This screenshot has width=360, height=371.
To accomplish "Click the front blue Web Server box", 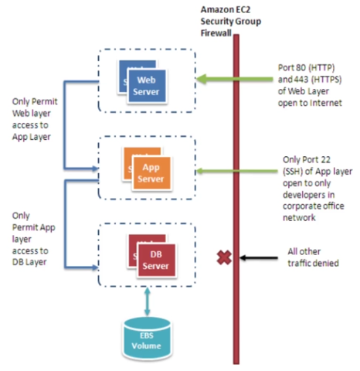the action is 147,86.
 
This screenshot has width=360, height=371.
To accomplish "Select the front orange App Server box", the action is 151,173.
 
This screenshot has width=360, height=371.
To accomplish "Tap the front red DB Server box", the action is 156,260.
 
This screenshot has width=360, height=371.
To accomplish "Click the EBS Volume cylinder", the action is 147,339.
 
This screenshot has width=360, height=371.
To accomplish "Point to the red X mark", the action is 224,257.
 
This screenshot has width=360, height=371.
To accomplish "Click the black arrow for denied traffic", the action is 259,257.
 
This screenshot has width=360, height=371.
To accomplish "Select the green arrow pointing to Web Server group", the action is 235,79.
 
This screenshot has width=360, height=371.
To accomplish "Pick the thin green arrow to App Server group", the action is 237,171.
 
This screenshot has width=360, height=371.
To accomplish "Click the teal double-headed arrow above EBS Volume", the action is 148,301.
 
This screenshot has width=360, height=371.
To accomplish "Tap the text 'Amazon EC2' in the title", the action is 226,9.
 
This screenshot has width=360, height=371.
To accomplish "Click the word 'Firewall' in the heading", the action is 216,33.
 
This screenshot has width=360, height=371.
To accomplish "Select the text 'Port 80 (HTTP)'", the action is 306,68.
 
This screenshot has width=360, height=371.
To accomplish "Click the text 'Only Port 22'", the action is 307,159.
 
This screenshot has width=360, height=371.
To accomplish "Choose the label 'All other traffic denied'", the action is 313,257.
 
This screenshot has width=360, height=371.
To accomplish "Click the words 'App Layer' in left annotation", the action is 32,137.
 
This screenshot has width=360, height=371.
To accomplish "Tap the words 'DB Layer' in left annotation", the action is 29,262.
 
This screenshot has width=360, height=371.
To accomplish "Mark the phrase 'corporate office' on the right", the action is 314,206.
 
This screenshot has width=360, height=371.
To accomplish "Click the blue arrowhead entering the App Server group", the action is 95,168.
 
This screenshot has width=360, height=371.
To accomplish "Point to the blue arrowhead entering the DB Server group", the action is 95,267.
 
